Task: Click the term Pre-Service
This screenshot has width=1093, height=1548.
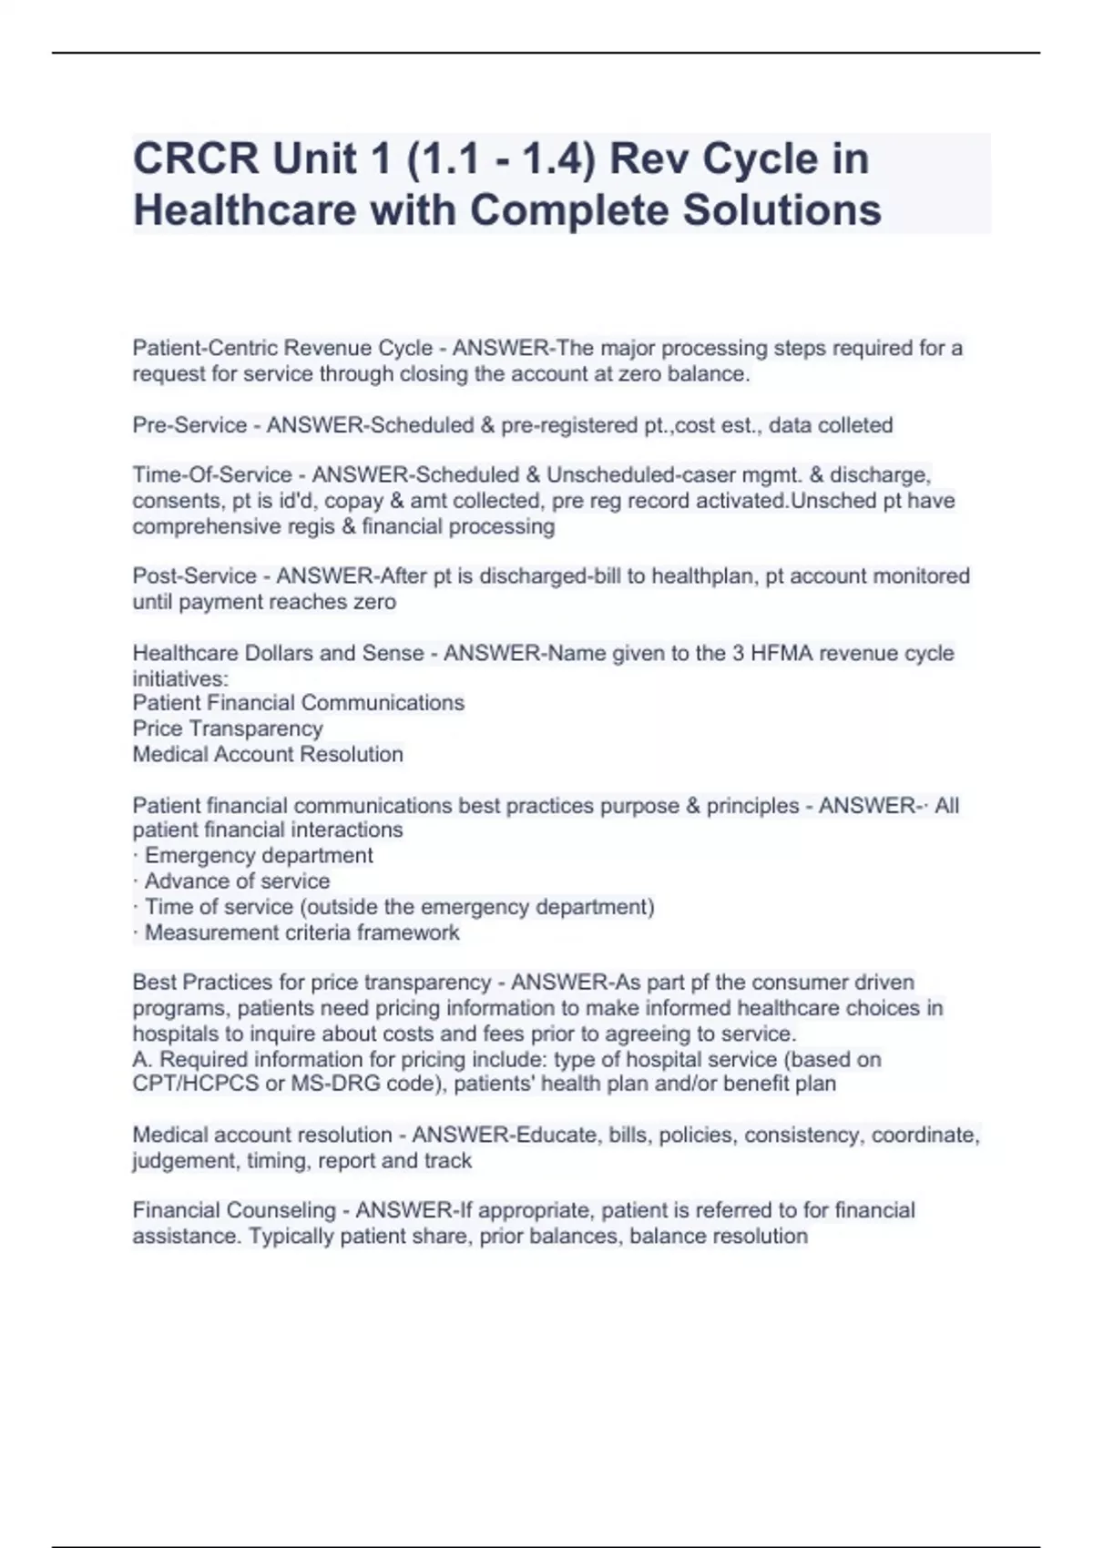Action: tap(189, 425)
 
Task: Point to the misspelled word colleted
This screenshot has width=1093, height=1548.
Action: tap(855, 425)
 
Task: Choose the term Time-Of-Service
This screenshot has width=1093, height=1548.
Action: tap(211, 475)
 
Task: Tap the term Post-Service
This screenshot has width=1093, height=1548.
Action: tap(195, 576)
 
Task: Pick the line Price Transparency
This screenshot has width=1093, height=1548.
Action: tap(228, 728)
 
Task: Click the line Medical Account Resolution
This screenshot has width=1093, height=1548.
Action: tap(268, 754)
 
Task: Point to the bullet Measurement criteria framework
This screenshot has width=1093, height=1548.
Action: tap(301, 932)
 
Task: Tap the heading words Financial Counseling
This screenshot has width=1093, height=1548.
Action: tap(234, 1210)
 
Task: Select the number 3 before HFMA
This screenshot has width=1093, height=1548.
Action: tap(738, 653)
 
